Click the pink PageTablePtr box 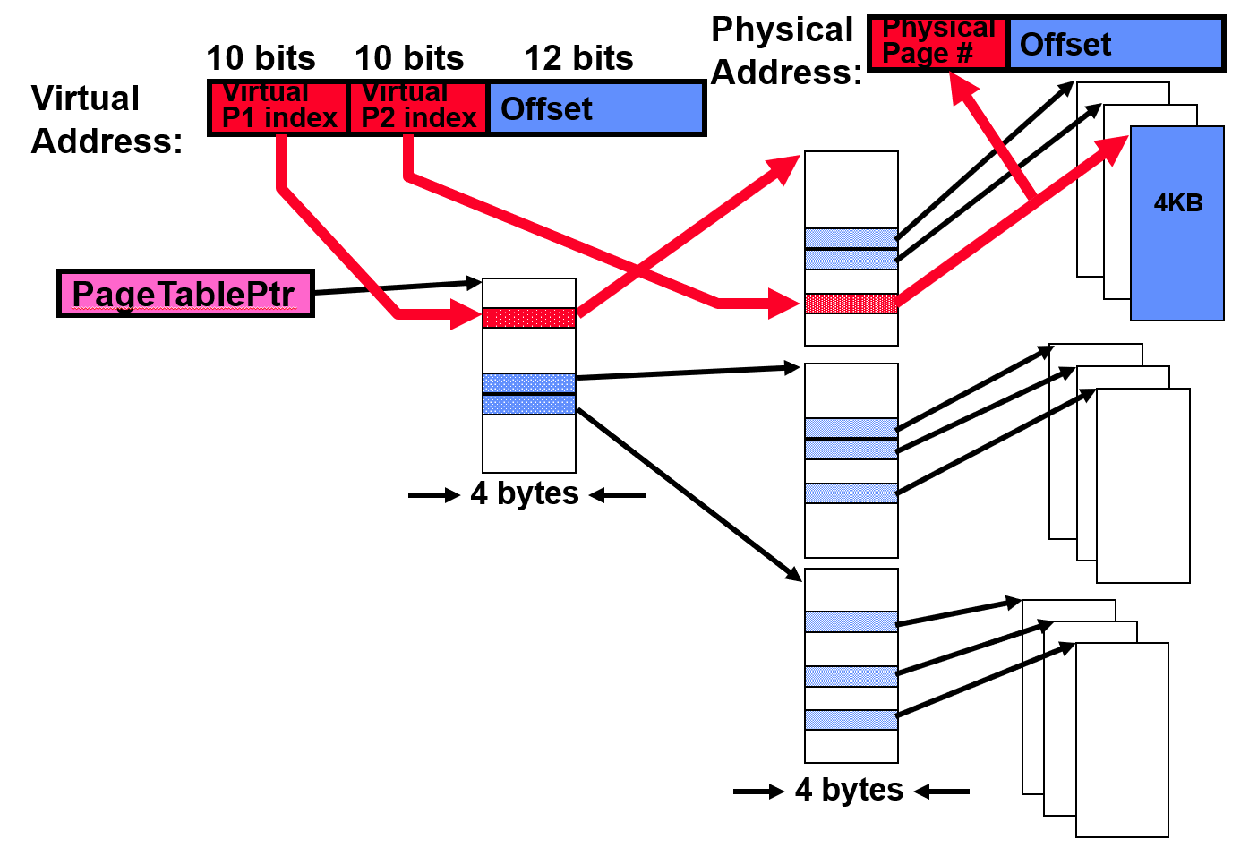coord(185,294)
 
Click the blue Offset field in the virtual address coord(595,108)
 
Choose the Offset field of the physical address coord(1115,44)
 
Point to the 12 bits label coord(578,59)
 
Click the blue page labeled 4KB coord(1176,224)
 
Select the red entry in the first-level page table coord(528,318)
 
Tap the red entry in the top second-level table coord(851,304)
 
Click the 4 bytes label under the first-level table coord(526,493)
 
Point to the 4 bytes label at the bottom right coord(850,790)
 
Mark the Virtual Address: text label coord(106,120)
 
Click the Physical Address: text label coord(785,51)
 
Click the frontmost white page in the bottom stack coord(1122,740)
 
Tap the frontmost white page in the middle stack coord(1143,485)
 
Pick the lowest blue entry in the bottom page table coord(851,720)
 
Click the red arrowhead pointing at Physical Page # coord(962,88)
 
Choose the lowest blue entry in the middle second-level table coord(851,493)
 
